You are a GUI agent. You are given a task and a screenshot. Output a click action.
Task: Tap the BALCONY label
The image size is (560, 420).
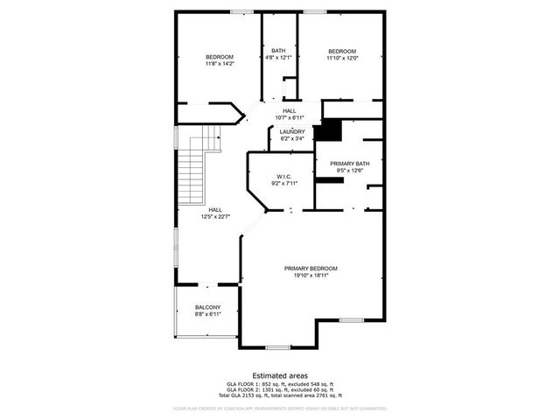tap(207, 307)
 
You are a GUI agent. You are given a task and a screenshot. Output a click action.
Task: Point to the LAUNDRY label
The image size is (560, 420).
tap(292, 131)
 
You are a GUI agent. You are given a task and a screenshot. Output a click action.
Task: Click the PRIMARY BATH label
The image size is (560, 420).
tap(349, 164)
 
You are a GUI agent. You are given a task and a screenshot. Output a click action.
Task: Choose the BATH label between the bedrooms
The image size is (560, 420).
tap(278, 51)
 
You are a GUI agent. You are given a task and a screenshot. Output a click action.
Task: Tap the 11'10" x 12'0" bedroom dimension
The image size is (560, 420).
tap(342, 58)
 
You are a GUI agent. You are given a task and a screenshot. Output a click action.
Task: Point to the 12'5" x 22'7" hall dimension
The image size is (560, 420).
tap(215, 216)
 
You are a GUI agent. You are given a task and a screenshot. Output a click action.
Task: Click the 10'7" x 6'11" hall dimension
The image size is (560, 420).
tap(289, 117)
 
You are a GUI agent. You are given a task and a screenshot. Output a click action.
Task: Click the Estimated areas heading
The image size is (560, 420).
tap(279, 375)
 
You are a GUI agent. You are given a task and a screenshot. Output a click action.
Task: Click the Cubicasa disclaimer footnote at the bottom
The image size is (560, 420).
tap(279, 408)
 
